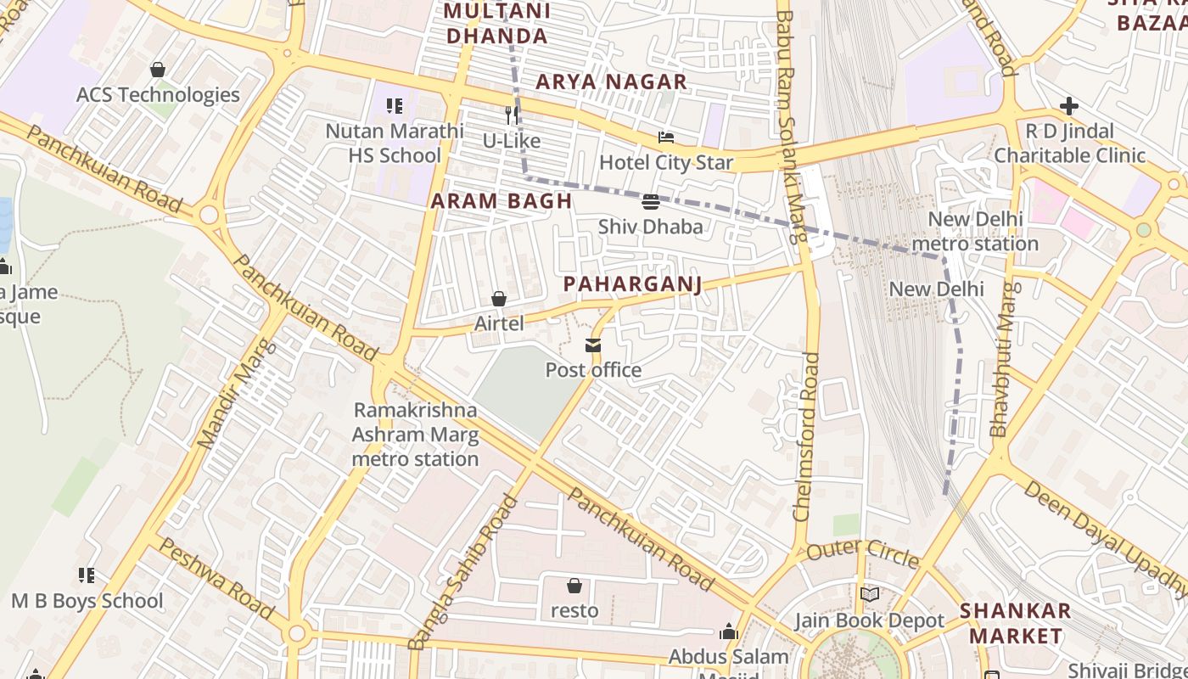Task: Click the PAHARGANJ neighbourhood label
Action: tap(633, 284)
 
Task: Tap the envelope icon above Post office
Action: tap(592, 345)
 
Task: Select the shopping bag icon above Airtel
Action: tap(499, 299)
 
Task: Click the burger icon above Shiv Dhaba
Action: tap(651, 202)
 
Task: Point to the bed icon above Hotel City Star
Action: tap(666, 137)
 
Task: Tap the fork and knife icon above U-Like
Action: tap(511, 115)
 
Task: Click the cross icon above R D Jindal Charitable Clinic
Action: tap(1068, 106)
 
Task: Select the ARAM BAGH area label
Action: tap(501, 201)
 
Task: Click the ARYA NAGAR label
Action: tap(611, 81)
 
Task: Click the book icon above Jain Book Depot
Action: tap(869, 594)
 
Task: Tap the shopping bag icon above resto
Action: tap(574, 586)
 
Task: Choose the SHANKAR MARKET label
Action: tap(1016, 623)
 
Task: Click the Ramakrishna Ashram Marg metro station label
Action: tap(415, 435)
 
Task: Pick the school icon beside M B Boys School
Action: tap(86, 575)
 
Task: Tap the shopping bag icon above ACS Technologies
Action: tap(157, 70)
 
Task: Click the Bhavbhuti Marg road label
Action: tap(1003, 360)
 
